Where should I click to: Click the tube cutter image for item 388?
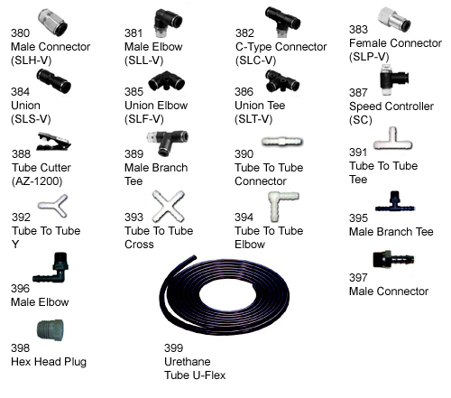click(53, 142)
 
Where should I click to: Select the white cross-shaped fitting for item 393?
click(168, 206)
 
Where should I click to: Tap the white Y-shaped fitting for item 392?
click(53, 206)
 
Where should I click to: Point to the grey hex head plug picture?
click(51, 330)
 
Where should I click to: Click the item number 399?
click(173, 348)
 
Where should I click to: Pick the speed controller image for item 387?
click(394, 79)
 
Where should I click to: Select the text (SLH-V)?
click(32, 60)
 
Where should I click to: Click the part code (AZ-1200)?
click(37, 181)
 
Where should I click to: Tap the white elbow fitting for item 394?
click(282, 206)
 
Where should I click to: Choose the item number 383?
click(358, 30)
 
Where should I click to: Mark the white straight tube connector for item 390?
click(282, 142)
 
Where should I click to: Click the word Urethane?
click(188, 362)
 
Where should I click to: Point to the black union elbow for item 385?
click(166, 80)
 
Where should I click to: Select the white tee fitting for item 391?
click(392, 140)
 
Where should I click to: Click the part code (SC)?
click(361, 120)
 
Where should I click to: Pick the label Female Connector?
click(395, 43)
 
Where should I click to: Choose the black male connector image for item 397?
click(393, 260)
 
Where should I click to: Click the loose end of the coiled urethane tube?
click(194, 258)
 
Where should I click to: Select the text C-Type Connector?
click(281, 47)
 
